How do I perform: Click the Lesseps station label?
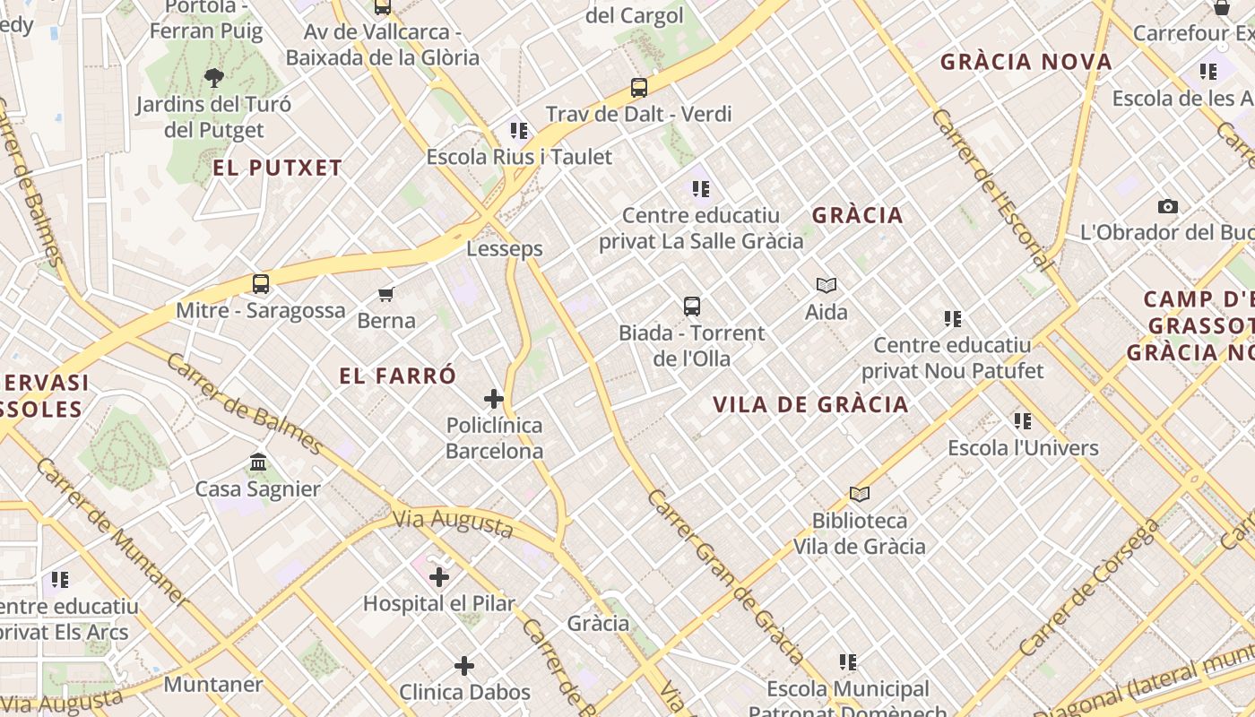(x=505, y=248)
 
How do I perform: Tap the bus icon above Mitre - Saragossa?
(x=261, y=284)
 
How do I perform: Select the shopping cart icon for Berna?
(x=386, y=294)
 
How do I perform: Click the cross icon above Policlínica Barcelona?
(x=494, y=399)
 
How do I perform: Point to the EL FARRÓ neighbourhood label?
(x=398, y=376)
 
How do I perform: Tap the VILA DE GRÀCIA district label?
(x=810, y=404)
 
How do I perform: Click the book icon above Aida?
(x=827, y=285)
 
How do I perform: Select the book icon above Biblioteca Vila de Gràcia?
(x=860, y=494)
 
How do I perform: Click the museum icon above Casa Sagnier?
(x=258, y=462)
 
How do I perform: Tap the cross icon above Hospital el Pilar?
(x=439, y=577)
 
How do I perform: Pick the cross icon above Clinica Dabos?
(x=464, y=666)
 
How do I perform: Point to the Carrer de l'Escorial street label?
(x=991, y=188)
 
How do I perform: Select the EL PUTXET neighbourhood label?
(x=278, y=168)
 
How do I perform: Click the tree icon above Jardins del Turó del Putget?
(x=213, y=78)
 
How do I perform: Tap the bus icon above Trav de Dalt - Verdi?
(x=639, y=88)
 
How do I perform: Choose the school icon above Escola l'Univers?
(x=1023, y=420)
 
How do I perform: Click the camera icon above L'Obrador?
(x=1167, y=206)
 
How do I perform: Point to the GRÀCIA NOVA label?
(x=1026, y=62)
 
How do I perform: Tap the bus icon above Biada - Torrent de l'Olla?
(x=692, y=307)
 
